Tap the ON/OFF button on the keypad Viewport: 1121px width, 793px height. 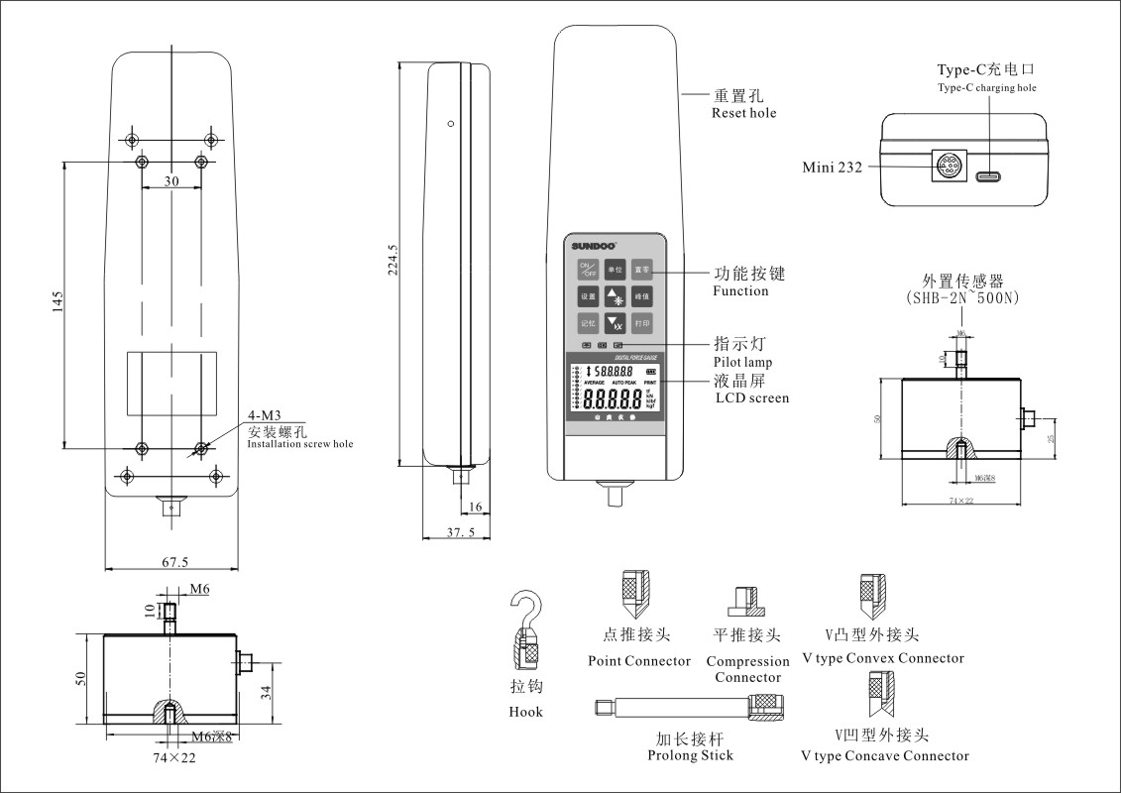click(x=588, y=269)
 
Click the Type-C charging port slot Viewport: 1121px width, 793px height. click(x=988, y=176)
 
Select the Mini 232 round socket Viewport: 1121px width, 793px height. click(x=944, y=168)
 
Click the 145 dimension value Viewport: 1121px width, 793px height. click(x=57, y=299)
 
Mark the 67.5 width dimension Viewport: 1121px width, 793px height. click(x=174, y=562)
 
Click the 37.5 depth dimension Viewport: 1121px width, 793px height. click(x=460, y=532)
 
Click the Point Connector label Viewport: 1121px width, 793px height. click(x=639, y=661)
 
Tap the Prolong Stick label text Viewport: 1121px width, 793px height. click(x=690, y=755)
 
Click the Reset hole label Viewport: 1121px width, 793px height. click(x=743, y=113)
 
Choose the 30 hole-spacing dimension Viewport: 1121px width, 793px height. click(x=171, y=181)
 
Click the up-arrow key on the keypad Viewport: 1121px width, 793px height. click(x=616, y=295)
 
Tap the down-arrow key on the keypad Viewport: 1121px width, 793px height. click(x=616, y=322)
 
